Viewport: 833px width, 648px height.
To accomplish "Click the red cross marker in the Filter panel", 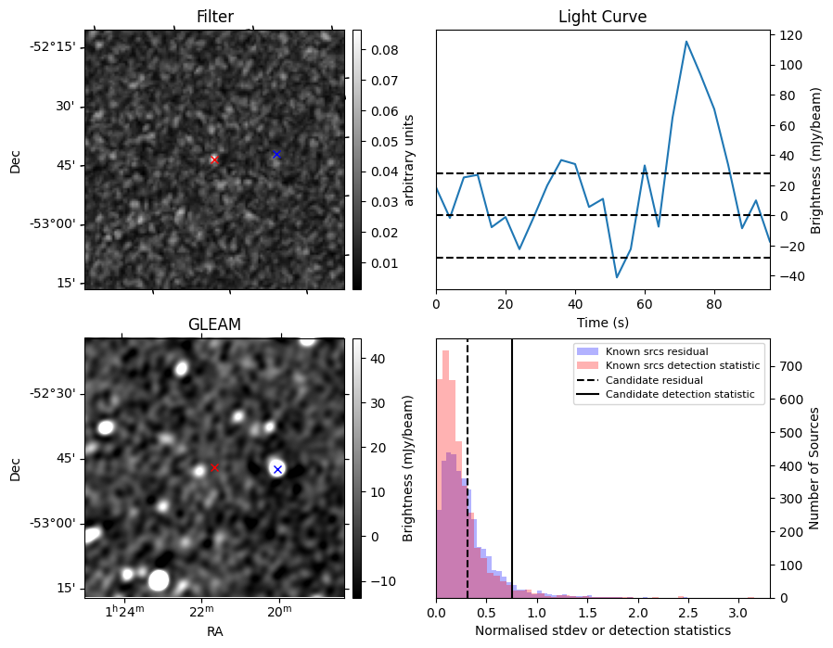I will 214,159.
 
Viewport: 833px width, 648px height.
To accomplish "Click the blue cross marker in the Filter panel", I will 276,154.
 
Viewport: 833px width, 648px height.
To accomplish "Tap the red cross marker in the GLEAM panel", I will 214,468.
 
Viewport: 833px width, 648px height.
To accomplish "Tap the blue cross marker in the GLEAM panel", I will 276,469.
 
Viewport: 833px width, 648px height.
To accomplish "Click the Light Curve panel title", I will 602,17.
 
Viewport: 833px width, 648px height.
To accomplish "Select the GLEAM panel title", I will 214,324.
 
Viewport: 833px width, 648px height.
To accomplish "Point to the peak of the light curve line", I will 686,42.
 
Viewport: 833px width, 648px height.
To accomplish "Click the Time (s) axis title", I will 602,322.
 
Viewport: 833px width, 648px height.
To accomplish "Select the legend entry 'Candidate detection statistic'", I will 682,395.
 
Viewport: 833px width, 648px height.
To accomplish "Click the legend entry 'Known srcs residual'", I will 656,351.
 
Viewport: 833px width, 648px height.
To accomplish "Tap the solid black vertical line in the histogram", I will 512,464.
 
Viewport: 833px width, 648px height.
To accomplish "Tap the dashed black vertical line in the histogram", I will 468,464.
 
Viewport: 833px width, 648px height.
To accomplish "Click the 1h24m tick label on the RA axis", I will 124,610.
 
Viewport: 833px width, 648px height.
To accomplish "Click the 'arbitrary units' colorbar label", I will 409,159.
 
